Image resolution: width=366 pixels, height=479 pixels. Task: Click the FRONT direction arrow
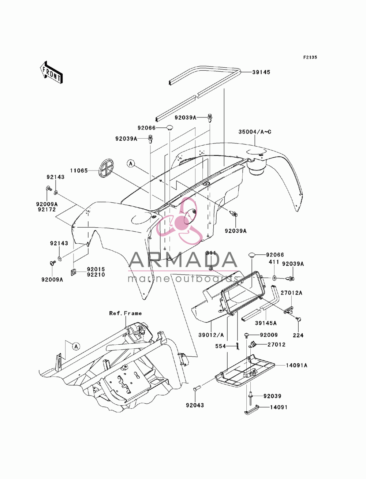[x=51, y=72]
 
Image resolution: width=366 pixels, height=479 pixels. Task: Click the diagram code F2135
[x=310, y=57]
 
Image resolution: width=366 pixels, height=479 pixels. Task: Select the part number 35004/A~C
[x=255, y=132]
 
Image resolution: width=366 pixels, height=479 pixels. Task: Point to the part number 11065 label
[x=79, y=171]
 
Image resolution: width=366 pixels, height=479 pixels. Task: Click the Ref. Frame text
[x=125, y=313]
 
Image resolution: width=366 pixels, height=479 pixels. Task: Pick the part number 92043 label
[x=195, y=405]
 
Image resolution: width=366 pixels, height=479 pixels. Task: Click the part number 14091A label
[x=296, y=365]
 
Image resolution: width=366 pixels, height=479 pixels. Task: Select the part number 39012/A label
[x=211, y=335]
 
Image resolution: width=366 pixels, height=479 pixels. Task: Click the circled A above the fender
[x=131, y=164]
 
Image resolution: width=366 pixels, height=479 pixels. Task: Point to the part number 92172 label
[x=47, y=210]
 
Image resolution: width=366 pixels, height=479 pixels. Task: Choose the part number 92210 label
[x=96, y=275]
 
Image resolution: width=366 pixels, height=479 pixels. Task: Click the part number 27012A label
[x=291, y=293]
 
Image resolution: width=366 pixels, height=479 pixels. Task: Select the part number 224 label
[x=298, y=335]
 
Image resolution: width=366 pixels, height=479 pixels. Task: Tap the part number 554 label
[x=221, y=346]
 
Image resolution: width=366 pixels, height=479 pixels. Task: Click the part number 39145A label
[x=266, y=323]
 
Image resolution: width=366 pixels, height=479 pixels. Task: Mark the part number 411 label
[x=274, y=262]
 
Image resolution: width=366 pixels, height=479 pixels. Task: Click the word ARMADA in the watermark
[x=183, y=259]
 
